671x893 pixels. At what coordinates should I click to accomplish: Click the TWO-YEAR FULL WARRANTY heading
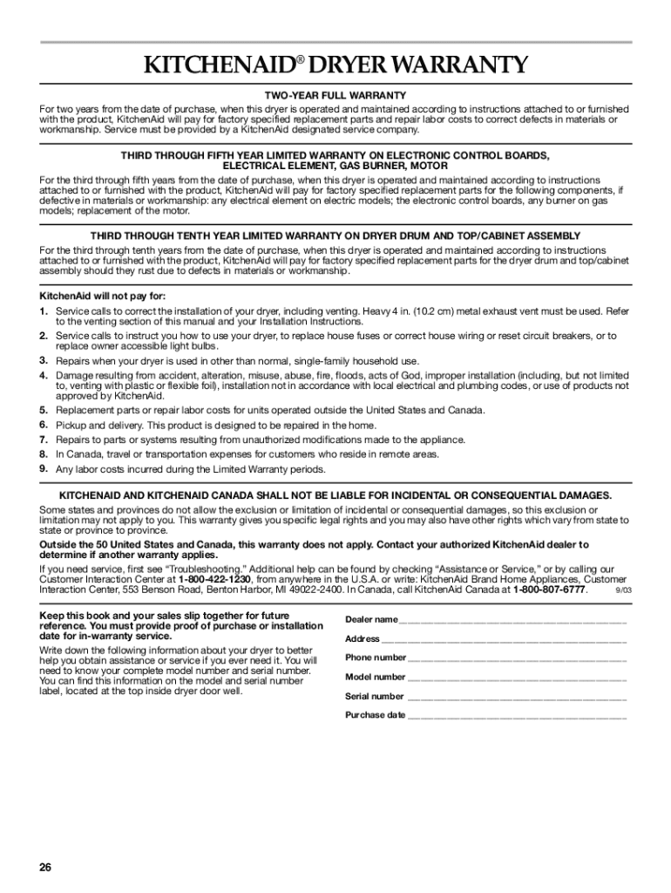[335, 95]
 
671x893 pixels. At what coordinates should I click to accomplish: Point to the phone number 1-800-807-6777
[549, 590]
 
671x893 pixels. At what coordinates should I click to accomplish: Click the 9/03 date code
[623, 590]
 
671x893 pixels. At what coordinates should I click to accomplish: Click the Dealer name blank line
[512, 621]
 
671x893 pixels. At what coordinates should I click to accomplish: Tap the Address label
[363, 638]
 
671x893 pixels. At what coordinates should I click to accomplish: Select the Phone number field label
[376, 658]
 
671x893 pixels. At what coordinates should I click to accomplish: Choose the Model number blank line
[517, 678]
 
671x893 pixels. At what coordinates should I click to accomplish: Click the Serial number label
[375, 696]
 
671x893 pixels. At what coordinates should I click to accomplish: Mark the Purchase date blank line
[517, 716]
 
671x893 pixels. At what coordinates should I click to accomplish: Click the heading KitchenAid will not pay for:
[96, 296]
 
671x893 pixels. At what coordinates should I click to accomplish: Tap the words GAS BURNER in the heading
[359, 166]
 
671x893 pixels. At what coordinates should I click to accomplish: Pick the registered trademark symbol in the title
[300, 59]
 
